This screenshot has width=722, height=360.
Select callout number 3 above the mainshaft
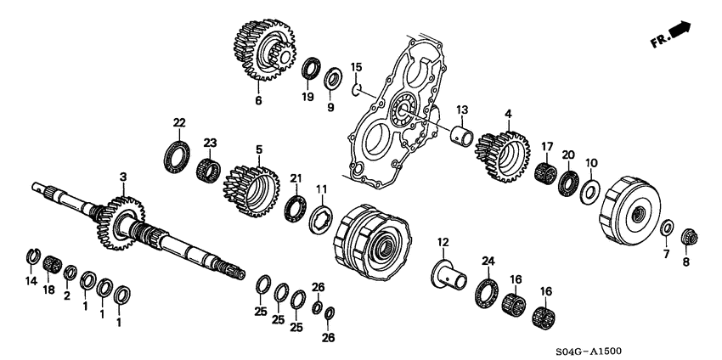coord(122,177)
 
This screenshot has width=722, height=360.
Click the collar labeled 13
coord(462,133)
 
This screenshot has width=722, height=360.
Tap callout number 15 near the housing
coord(356,66)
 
